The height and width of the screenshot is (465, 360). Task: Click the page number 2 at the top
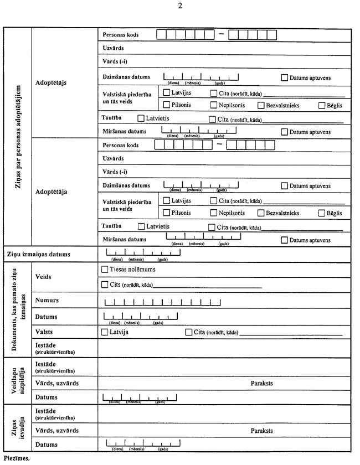click(x=179, y=6)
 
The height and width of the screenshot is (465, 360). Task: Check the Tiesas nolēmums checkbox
click(x=105, y=270)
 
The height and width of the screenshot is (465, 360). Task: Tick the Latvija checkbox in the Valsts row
click(x=105, y=332)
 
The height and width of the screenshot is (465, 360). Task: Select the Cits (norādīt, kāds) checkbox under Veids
click(x=105, y=285)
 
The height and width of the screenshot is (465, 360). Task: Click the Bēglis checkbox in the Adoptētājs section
click(x=322, y=105)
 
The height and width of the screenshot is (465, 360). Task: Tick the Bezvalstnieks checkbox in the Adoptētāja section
click(x=261, y=213)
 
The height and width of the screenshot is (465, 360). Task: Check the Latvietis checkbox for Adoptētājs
click(x=141, y=118)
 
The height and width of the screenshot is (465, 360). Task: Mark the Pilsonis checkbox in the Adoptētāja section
click(x=166, y=213)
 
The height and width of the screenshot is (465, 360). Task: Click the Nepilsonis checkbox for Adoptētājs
click(x=213, y=105)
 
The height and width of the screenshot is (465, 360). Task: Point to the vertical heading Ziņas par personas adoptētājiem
click(x=17, y=137)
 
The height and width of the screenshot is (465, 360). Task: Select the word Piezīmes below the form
click(x=16, y=458)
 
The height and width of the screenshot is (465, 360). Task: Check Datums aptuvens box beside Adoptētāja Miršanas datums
click(x=285, y=240)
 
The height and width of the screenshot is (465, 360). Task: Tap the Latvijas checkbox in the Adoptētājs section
click(x=166, y=93)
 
